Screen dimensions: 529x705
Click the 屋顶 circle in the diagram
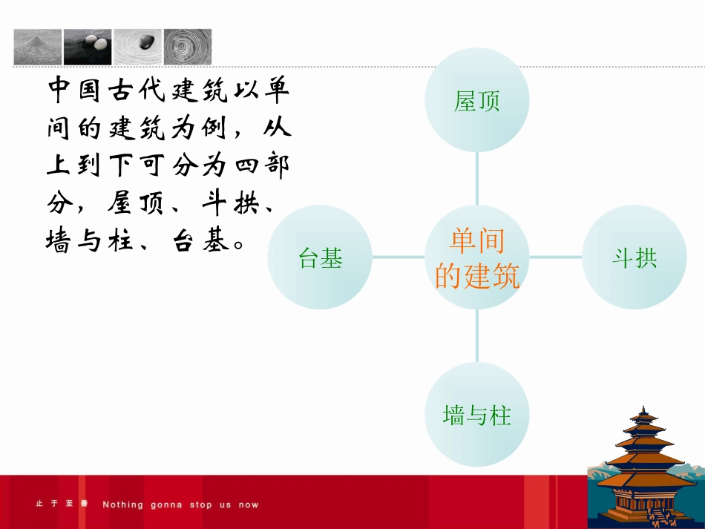point(476,101)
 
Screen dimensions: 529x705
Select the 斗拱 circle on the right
point(634,257)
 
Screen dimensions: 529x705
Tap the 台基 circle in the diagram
point(320,257)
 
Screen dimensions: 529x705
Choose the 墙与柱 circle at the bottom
point(476,414)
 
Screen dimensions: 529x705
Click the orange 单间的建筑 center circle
point(476,257)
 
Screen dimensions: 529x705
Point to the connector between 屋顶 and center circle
point(476,179)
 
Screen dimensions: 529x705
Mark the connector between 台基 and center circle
point(399,257)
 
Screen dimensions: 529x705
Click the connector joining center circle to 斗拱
point(555,257)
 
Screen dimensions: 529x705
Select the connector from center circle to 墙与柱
point(476,335)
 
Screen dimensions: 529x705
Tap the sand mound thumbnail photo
point(37,47)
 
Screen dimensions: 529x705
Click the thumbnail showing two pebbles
point(88,47)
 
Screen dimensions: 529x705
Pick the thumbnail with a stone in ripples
point(137,47)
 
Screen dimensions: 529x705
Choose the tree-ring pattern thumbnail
point(188,47)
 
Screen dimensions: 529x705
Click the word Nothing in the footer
point(123,505)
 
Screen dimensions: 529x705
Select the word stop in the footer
point(200,505)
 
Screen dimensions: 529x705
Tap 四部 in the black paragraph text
point(261,165)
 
